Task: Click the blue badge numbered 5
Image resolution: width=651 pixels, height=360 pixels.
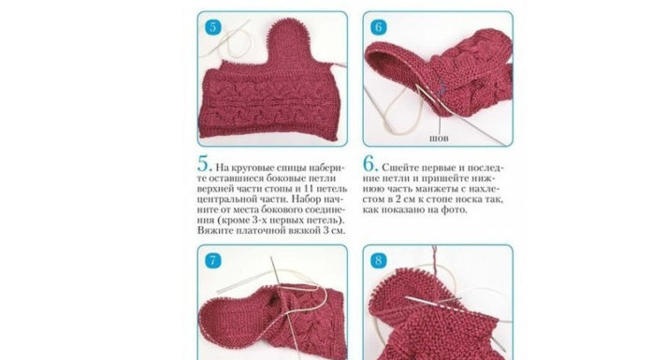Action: [213, 27]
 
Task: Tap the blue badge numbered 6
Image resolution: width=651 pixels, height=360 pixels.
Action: [379, 27]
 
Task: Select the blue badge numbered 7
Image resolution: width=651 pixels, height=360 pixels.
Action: [213, 261]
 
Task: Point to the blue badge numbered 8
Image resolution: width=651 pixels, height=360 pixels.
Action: [379, 261]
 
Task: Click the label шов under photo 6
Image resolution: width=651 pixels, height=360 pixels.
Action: [439, 138]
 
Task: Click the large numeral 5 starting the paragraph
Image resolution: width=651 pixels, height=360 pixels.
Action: [204, 164]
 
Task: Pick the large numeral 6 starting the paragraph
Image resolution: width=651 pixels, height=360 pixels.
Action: [369, 164]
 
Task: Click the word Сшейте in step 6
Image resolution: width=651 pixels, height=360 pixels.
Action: [397, 167]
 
